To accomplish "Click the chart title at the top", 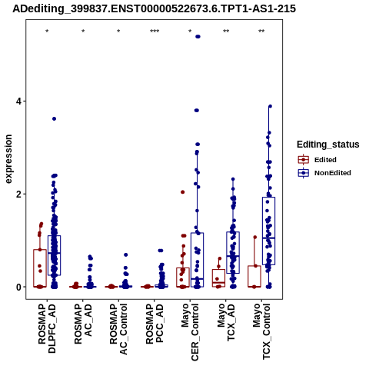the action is (155, 9).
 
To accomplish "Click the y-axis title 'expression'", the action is (8, 159).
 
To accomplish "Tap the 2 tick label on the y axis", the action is (18, 194).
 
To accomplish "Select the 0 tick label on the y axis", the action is (18, 288).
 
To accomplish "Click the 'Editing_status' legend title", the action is (328, 145).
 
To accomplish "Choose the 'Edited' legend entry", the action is (317, 160).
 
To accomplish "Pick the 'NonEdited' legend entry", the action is (324, 173).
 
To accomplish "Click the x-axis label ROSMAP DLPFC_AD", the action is (47, 328).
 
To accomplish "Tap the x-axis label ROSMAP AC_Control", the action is (118, 329).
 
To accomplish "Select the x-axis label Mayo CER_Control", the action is (190, 332).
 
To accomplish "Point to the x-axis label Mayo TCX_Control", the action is (261, 331).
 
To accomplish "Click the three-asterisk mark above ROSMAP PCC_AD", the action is (155, 32).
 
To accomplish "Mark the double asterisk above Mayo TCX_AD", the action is (226, 32).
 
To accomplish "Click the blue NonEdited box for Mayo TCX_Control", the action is (268, 231).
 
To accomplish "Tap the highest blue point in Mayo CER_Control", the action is (198, 37).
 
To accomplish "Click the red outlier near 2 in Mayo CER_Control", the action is (183, 192).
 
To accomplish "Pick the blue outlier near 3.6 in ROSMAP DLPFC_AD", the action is (54, 118).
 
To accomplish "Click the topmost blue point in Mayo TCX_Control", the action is (270, 106).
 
